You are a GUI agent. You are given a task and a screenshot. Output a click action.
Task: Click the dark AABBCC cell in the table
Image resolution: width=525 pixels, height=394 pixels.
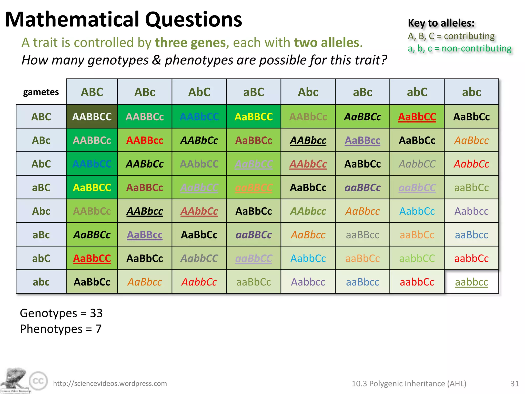(x=92, y=117)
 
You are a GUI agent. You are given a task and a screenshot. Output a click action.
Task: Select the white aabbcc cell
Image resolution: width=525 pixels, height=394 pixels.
(x=471, y=282)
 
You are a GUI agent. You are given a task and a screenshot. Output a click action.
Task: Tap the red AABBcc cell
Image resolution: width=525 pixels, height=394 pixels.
(x=145, y=140)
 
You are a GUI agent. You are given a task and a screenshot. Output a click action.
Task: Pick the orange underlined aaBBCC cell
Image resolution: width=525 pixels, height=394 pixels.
(x=254, y=188)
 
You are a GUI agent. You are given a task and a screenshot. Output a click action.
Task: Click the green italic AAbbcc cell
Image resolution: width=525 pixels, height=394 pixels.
(x=308, y=211)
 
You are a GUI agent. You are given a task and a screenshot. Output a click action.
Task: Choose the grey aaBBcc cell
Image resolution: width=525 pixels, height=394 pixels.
(x=362, y=235)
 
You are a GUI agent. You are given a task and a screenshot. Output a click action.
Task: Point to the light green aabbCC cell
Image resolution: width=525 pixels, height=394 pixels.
(x=417, y=258)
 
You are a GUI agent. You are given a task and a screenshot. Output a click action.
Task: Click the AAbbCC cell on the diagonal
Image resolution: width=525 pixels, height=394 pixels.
(x=199, y=164)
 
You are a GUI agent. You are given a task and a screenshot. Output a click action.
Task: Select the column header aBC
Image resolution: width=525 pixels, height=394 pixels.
(x=254, y=92)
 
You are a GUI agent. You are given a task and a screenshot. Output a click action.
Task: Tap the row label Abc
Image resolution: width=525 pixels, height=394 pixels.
(x=41, y=211)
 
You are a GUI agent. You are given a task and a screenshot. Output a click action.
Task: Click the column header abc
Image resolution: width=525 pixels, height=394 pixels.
(x=471, y=92)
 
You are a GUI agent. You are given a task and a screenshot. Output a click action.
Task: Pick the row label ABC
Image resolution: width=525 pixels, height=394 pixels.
(x=41, y=117)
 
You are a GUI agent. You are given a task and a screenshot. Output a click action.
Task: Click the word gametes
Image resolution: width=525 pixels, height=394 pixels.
(x=41, y=92)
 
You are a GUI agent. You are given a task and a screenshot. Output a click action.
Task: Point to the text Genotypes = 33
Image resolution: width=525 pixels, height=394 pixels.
(x=61, y=313)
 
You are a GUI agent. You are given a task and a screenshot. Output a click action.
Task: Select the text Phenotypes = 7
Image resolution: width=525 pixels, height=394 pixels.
(x=61, y=329)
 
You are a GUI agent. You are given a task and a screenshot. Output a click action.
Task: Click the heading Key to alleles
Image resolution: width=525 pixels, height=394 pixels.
(x=441, y=23)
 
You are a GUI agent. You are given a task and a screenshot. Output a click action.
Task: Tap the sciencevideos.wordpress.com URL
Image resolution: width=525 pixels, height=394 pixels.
(x=110, y=383)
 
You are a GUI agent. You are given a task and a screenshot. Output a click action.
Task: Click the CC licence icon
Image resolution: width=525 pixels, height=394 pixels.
(x=38, y=381)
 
